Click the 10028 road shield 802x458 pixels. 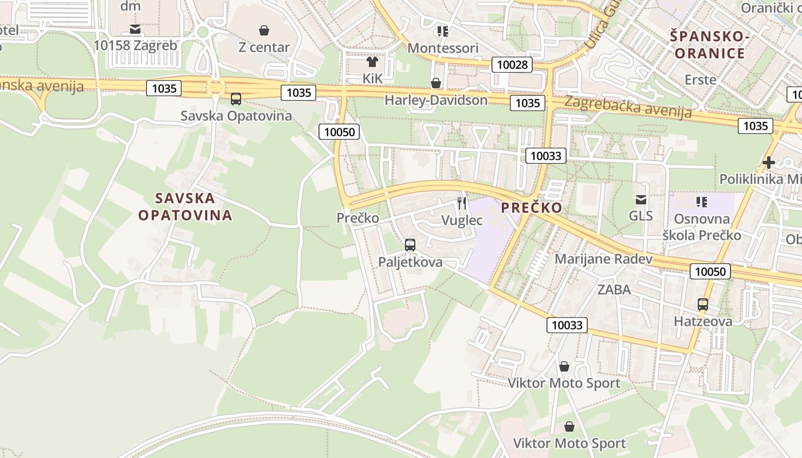pyautogui.click(x=512, y=65)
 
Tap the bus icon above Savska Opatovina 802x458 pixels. pyautogui.click(x=236, y=99)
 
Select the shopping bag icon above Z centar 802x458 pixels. pyautogui.click(x=264, y=30)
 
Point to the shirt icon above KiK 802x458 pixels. pyautogui.click(x=372, y=61)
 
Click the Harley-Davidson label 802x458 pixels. pyautogui.click(x=436, y=100)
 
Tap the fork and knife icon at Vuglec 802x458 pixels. pyautogui.click(x=462, y=203)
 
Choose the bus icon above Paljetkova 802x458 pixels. pyautogui.click(x=410, y=245)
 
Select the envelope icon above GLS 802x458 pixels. pyautogui.click(x=640, y=200)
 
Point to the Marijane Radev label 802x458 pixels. pyautogui.click(x=603, y=259)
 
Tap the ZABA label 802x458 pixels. pyautogui.click(x=614, y=290)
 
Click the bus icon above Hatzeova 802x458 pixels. pyautogui.click(x=703, y=305)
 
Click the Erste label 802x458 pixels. pyautogui.click(x=701, y=80)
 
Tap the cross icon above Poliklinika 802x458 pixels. pyautogui.click(x=769, y=163)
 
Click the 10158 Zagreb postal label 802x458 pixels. pyautogui.click(x=135, y=45)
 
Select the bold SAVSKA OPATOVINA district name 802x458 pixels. pyautogui.click(x=185, y=207)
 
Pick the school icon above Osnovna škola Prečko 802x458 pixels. pyautogui.click(x=702, y=202)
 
